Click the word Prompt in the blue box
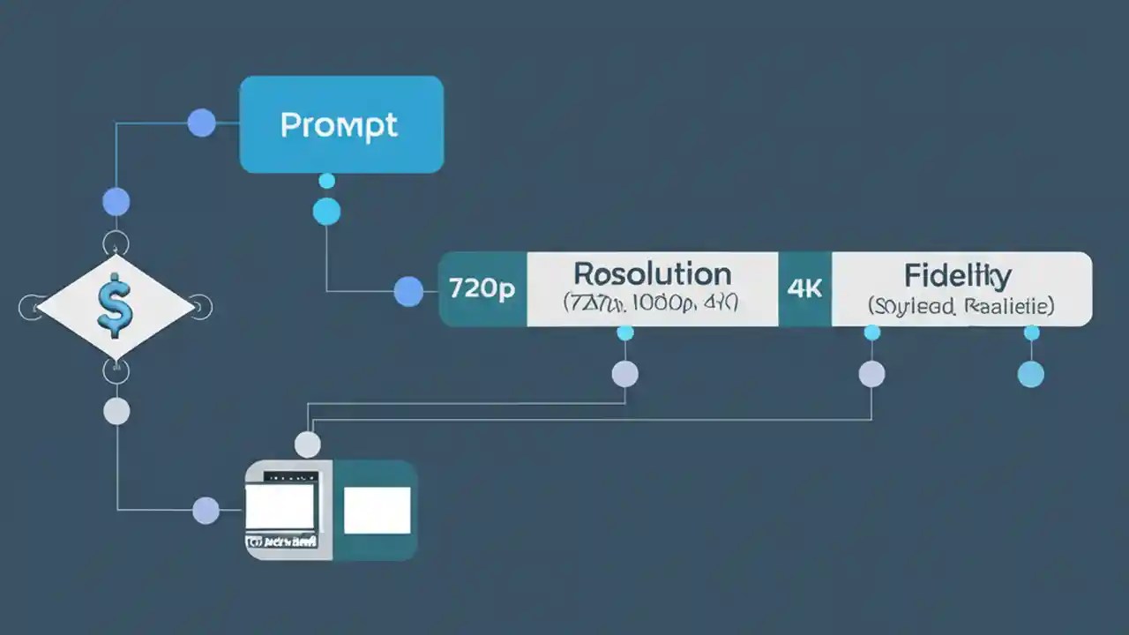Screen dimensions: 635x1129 [340, 125]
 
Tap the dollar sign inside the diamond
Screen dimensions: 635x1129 [115, 306]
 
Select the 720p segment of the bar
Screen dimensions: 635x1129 [482, 289]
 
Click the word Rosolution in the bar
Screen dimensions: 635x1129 [652, 273]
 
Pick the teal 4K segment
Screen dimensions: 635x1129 [804, 289]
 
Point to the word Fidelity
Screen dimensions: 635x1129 [957, 275]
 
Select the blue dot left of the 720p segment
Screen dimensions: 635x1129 [408, 291]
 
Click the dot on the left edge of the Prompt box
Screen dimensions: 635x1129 [202, 123]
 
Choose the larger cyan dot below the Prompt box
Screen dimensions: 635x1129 [326, 211]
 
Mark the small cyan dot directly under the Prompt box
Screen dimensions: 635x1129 [326, 182]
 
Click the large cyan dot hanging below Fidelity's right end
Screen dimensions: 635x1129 [1030, 374]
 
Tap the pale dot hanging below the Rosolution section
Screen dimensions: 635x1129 [624, 374]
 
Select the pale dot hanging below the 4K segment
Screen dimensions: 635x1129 [871, 374]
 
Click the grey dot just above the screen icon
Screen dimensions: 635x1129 [307, 444]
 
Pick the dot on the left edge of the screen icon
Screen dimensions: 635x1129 [206, 510]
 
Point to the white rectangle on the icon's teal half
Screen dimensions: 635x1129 [377, 510]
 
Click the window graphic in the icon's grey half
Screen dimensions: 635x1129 [280, 504]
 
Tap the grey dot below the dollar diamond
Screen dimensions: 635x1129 [116, 411]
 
